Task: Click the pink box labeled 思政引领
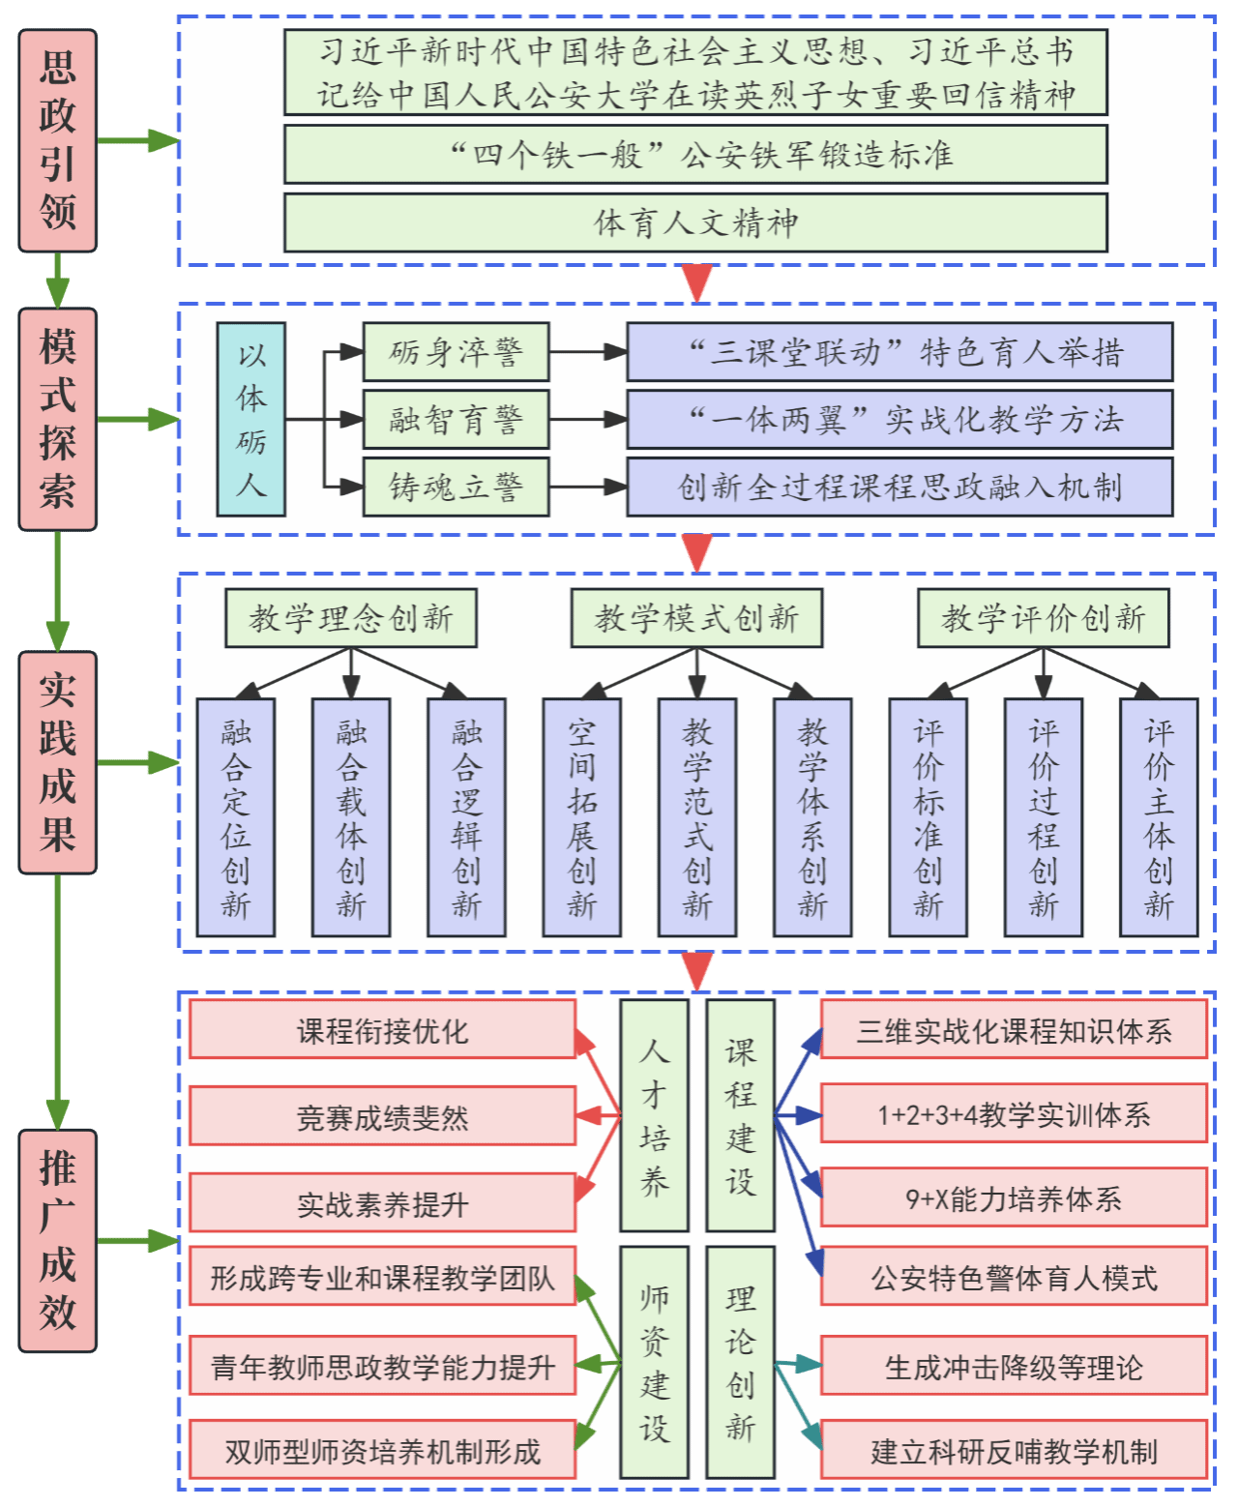point(58,140)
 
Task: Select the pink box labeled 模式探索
point(58,419)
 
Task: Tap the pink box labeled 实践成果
point(58,762)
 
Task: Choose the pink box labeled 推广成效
point(58,1240)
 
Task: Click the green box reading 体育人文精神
point(695,222)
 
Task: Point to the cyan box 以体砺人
point(251,419)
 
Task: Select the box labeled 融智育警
point(456,419)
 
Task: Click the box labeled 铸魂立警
point(456,487)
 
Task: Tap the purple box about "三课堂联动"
point(899,352)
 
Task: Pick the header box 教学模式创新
point(696,618)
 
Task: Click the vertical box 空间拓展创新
point(581,817)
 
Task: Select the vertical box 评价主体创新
point(1159,817)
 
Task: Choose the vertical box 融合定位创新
point(236,817)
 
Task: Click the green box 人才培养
point(654,1115)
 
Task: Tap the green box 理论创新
point(740,1362)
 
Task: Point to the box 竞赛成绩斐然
point(382,1116)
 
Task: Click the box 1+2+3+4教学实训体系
point(1014,1114)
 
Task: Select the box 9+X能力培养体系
point(1014,1198)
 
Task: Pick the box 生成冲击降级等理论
point(1014,1367)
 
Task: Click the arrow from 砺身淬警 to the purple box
point(588,352)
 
